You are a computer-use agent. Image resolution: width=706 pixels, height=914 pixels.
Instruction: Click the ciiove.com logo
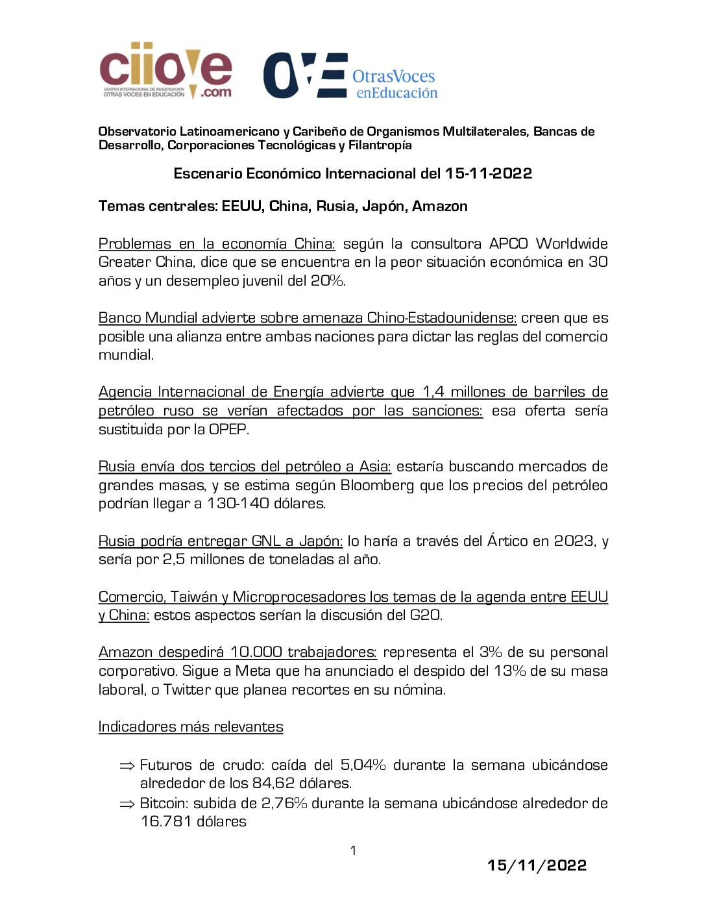165,71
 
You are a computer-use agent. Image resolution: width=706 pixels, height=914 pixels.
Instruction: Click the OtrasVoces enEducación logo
350,76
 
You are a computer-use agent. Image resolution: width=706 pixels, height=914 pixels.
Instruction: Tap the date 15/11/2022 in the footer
537,865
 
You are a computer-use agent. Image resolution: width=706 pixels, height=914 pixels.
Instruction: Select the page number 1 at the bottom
353,850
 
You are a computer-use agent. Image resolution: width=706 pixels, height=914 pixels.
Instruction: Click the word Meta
252,671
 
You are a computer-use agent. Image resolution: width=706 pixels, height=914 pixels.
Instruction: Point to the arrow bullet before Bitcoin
127,804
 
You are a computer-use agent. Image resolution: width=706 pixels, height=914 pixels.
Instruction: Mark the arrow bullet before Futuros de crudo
127,765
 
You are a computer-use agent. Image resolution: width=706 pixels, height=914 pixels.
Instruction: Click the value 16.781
165,821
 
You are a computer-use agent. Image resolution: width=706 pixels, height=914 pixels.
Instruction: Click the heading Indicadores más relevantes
191,726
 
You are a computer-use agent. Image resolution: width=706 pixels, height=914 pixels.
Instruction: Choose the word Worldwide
572,244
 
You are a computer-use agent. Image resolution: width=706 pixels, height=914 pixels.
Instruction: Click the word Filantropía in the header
380,145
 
